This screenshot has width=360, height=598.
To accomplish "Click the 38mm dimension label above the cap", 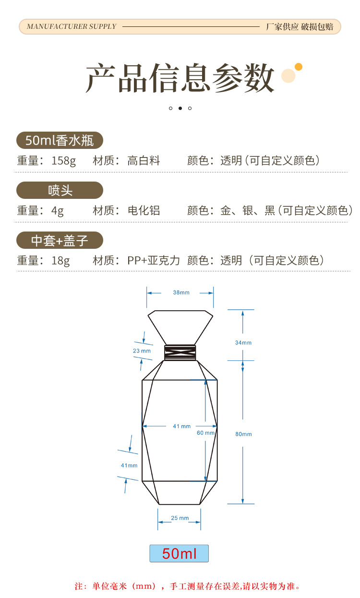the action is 181,293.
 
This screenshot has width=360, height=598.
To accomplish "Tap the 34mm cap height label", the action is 243,342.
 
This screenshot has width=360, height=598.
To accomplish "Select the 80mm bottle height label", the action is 243,434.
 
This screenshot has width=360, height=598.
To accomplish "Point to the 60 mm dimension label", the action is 206,433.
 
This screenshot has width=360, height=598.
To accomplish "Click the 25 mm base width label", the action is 180,518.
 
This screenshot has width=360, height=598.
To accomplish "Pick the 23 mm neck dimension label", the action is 142,351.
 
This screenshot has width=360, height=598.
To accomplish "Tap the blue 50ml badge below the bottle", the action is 179,553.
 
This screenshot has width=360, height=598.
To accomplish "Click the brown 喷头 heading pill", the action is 60,190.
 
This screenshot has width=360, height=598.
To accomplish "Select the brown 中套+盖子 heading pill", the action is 60,240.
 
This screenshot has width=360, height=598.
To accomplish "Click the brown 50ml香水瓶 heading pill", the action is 60,140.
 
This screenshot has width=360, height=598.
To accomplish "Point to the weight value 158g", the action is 63,161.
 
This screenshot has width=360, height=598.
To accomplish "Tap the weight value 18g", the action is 60,261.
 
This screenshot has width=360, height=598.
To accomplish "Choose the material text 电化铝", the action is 144,210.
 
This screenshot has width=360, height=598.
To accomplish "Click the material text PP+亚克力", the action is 154,260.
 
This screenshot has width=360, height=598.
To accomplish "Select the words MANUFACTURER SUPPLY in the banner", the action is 72,26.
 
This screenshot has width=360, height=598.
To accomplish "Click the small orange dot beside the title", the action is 299,67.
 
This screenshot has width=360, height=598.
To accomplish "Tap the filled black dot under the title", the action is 180,108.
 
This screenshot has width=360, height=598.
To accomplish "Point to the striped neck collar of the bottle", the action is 180,353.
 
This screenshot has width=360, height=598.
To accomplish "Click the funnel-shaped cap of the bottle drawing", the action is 180,327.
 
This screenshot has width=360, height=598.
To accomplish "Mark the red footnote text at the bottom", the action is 187,586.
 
